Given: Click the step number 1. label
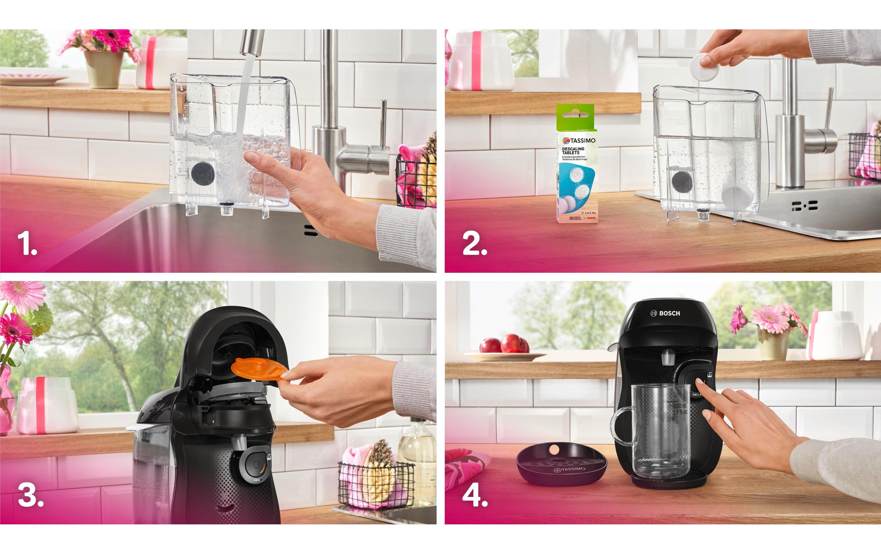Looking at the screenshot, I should tap(27, 244).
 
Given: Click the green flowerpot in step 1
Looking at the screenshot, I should tap(104, 69).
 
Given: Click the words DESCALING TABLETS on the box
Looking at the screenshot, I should tap(573, 151).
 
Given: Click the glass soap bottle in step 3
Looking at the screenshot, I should tap(417, 461).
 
